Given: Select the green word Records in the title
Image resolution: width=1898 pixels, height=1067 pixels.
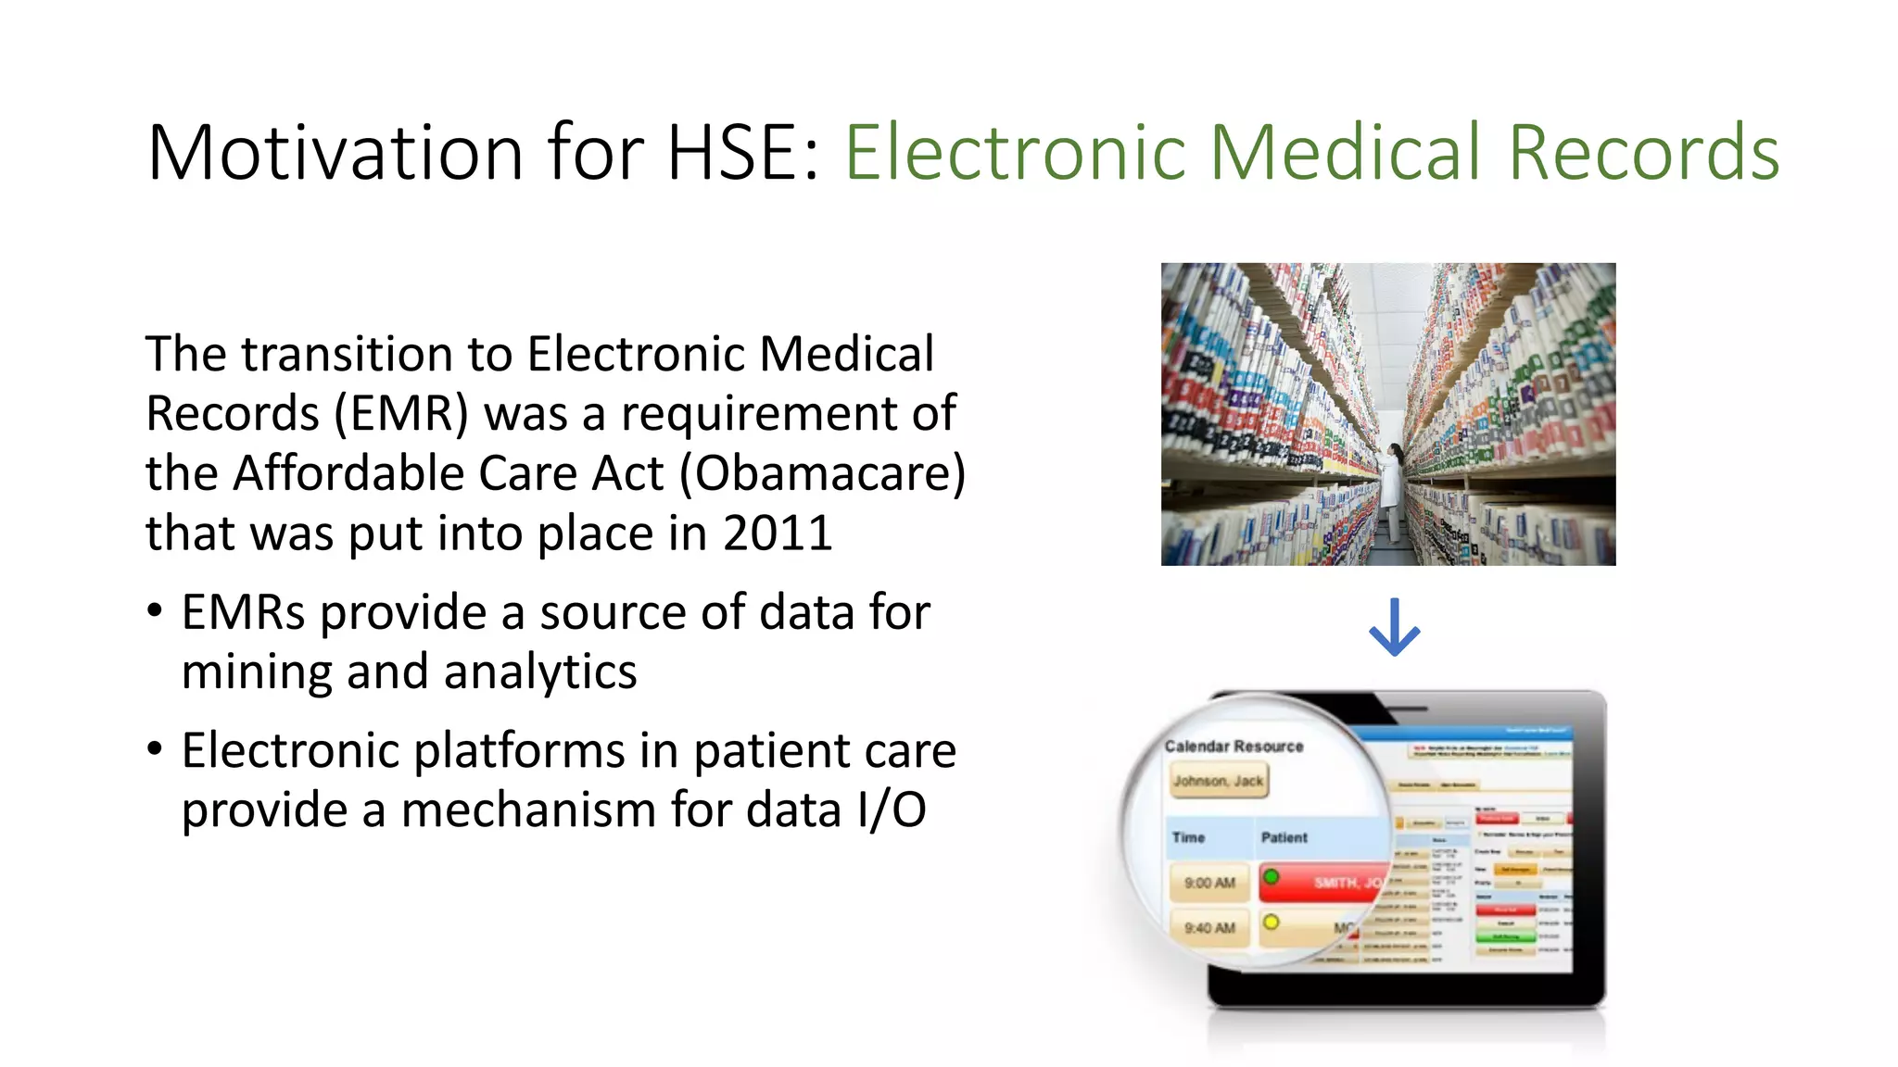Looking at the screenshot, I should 1643,153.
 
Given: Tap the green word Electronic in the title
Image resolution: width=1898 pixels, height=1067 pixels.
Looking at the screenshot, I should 1016,153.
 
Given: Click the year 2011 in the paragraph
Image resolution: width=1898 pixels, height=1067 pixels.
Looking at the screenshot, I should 778,533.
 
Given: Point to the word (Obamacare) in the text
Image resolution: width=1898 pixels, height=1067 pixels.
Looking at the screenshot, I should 822,473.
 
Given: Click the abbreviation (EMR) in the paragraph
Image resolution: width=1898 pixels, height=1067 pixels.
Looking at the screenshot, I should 400,413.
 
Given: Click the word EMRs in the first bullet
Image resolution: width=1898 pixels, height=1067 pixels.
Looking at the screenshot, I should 243,612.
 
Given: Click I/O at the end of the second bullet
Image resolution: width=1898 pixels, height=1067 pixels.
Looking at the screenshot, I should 891,810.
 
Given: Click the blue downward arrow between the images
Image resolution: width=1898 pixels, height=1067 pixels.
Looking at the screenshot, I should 1394,628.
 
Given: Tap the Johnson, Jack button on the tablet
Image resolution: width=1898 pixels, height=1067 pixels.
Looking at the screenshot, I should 1218,781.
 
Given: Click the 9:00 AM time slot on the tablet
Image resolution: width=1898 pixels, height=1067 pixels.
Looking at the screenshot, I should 1209,883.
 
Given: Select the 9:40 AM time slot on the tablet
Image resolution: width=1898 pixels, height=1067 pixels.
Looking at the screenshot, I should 1209,927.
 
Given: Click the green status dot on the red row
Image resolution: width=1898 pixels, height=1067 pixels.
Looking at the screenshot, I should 1272,876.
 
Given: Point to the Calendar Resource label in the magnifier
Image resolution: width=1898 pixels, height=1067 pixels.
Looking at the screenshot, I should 1234,746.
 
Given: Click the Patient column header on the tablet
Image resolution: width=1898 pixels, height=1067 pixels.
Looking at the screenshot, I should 1284,837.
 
